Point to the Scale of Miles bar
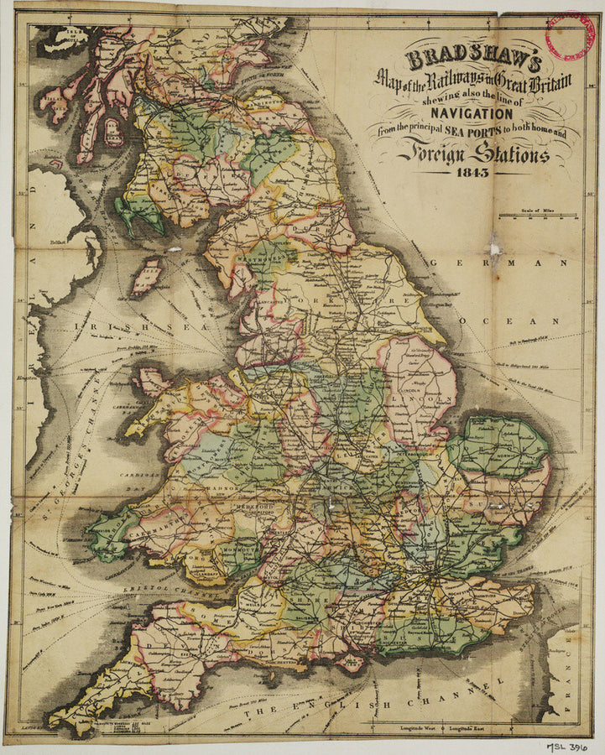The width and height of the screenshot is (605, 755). tap(537, 216)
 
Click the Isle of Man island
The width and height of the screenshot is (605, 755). tap(148, 275)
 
